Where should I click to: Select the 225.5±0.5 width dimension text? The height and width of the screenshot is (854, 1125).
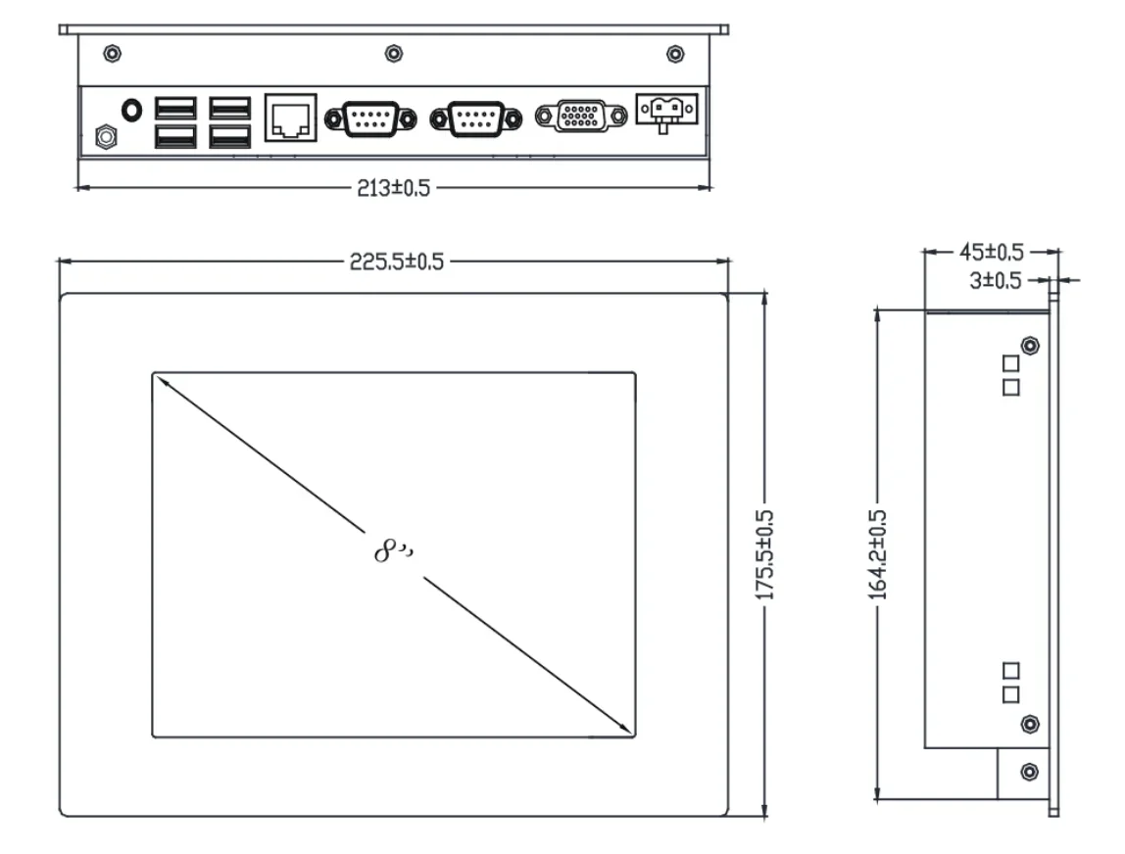(397, 261)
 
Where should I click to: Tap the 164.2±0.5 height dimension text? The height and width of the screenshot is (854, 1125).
(878, 554)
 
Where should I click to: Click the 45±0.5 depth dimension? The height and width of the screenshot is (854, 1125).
(991, 252)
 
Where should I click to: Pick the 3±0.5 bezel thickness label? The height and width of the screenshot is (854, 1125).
(996, 281)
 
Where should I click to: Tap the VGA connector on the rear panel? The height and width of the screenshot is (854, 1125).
(581, 117)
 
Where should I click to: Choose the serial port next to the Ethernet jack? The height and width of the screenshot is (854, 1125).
(368, 118)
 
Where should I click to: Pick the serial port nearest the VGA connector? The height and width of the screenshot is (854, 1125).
(475, 118)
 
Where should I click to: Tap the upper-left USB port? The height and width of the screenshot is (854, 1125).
(175, 107)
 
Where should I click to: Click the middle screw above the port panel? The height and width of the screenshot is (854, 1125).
(393, 52)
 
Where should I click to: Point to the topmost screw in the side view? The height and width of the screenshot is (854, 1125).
(1029, 346)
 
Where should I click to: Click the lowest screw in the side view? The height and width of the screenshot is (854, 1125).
(1029, 771)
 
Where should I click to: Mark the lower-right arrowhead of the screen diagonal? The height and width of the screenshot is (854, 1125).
(625, 729)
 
